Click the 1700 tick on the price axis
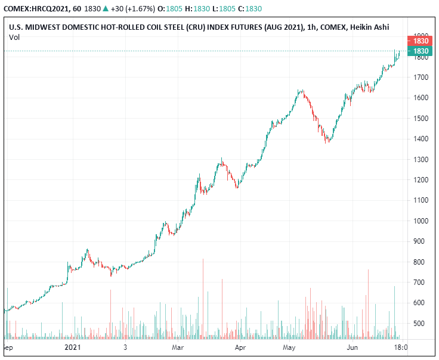coord(422,77)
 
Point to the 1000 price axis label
coord(422,221)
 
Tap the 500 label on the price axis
coord(422,324)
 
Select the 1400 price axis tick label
coord(422,139)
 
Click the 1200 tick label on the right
coord(422,180)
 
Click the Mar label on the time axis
coord(177,346)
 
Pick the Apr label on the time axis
coord(240,346)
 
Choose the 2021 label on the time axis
coord(73,346)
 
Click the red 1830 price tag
coord(422,41)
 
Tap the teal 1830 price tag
coord(422,51)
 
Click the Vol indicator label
coord(15,37)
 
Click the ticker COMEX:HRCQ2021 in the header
coord(36,9)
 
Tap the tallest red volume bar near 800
coord(203,298)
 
